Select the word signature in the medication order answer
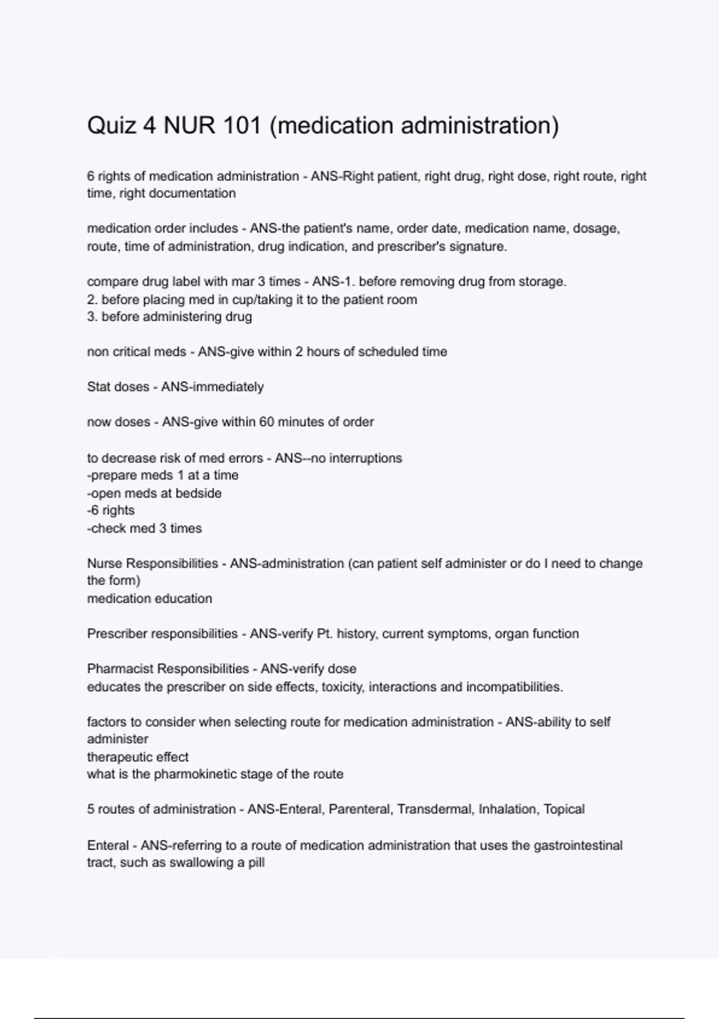(x=478, y=246)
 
